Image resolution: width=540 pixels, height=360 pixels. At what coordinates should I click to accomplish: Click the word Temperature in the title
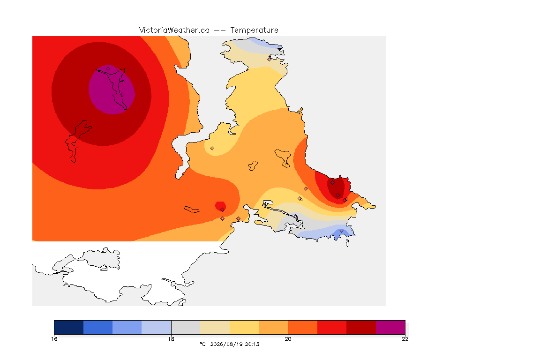point(254,30)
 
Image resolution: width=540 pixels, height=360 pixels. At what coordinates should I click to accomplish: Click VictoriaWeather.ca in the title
point(174,30)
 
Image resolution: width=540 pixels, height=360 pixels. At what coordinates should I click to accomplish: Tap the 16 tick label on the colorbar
point(54,339)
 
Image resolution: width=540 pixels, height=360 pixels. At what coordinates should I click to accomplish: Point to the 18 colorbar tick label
point(171,339)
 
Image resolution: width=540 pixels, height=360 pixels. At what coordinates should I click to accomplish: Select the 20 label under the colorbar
point(288,339)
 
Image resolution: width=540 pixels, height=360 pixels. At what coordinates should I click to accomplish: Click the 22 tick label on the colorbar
point(405,339)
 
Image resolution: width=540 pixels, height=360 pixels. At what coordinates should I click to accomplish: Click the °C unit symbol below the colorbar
point(202,344)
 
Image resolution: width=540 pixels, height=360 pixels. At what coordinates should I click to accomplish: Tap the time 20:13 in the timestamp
point(252,344)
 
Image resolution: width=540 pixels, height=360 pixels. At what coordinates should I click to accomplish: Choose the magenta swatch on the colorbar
point(390,327)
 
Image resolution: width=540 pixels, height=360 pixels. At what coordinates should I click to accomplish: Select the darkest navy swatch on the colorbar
point(68,327)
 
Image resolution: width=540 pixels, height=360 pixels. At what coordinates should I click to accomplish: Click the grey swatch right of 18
point(186,327)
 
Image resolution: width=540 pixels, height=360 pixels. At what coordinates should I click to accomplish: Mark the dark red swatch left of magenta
point(361,327)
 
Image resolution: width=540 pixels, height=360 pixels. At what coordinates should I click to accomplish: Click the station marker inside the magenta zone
point(108,69)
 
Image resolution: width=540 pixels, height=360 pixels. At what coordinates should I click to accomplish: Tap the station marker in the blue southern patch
point(341,231)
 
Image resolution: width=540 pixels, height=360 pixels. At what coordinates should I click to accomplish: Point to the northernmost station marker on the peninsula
point(270,59)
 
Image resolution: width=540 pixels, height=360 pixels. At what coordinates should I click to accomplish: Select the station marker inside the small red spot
point(223,210)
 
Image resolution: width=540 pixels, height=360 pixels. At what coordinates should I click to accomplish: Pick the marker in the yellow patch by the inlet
point(212,149)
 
